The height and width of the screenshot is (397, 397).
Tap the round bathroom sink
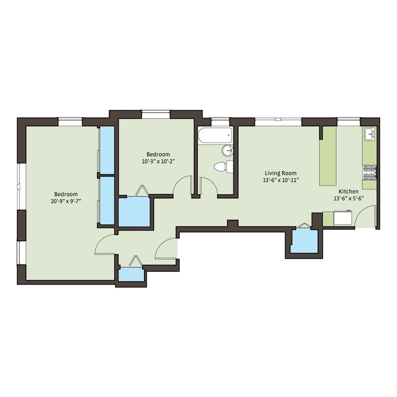pyautogui.click(x=228, y=151)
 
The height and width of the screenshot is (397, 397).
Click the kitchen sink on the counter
pyautogui.click(x=370, y=135)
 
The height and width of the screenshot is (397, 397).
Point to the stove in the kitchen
pyautogui.click(x=369, y=173)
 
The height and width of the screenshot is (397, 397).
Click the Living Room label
pyautogui.click(x=280, y=173)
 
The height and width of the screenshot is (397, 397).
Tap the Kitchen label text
pyautogui.click(x=349, y=191)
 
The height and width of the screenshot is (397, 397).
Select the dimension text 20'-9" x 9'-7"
pyautogui.click(x=66, y=201)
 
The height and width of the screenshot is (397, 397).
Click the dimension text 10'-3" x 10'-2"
pyautogui.click(x=158, y=161)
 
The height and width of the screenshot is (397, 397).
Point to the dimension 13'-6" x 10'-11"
pyautogui.click(x=281, y=180)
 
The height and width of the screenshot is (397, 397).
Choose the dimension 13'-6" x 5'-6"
pyautogui.click(x=349, y=198)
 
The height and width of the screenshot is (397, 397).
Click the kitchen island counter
pyautogui.click(x=328, y=156)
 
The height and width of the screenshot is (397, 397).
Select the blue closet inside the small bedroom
pyautogui.click(x=134, y=212)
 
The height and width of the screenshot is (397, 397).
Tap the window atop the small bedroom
pyautogui.click(x=156, y=111)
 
